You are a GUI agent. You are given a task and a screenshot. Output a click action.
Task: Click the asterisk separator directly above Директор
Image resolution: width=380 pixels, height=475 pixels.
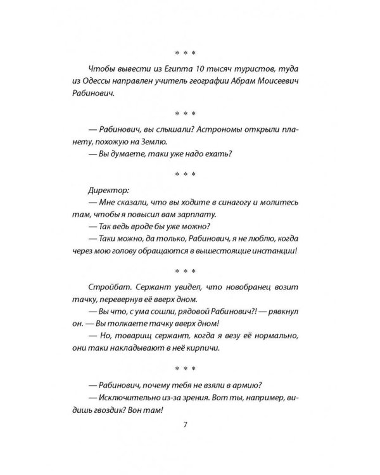tap(186, 172)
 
